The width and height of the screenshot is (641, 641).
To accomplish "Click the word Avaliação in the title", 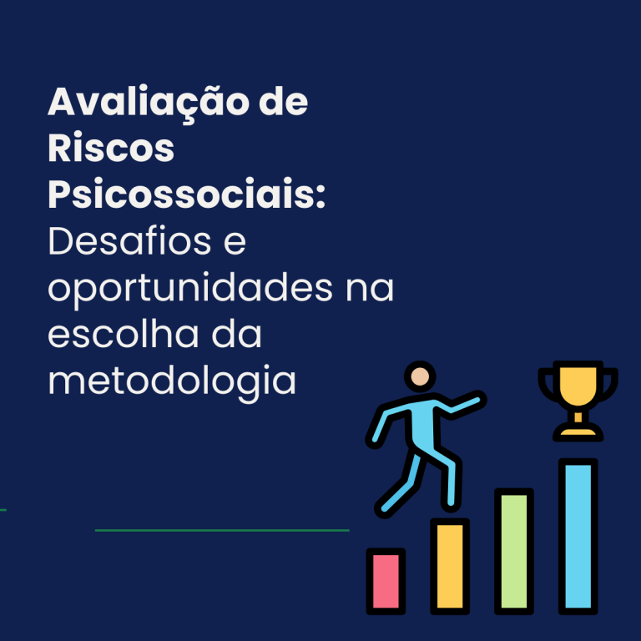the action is [x=149, y=103].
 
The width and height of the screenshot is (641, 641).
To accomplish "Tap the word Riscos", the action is [x=111, y=147].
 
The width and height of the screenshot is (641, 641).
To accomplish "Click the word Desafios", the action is [x=129, y=240].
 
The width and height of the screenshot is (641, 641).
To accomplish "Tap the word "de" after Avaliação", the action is [x=283, y=101].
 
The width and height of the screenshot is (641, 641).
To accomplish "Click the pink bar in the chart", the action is [x=386, y=581].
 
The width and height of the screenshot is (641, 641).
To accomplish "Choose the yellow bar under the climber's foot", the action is [x=450, y=567].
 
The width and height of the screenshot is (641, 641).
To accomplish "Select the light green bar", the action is [x=514, y=552].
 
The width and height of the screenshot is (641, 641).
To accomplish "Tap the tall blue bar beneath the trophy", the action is [x=578, y=537].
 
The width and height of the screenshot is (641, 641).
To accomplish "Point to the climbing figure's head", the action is [x=420, y=376].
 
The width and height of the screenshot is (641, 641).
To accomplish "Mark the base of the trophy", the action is [x=578, y=432].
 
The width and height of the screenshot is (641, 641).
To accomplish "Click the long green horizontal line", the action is [x=222, y=530].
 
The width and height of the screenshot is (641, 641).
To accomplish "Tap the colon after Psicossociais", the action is [x=320, y=196].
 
